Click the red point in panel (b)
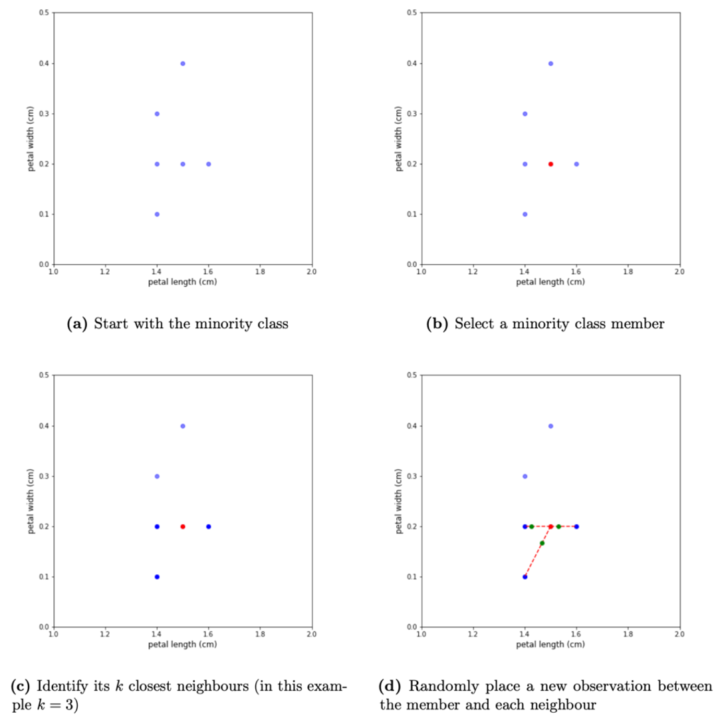(x=550, y=164)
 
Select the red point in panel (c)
(x=183, y=526)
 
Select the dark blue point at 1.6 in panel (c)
(x=209, y=526)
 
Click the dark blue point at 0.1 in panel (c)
(x=157, y=576)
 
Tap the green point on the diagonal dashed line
(x=542, y=543)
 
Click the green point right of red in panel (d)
(x=558, y=526)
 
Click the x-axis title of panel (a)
(x=182, y=281)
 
